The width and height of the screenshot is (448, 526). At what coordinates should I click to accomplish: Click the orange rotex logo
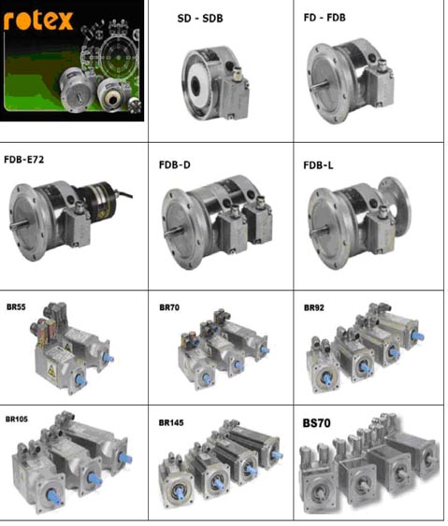pyautogui.click(x=38, y=21)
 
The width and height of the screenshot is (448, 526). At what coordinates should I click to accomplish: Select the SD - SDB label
pyautogui.click(x=200, y=18)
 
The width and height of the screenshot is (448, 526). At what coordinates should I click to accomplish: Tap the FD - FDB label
pyautogui.click(x=325, y=18)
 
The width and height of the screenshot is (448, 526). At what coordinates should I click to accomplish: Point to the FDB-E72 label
pyautogui.click(x=23, y=160)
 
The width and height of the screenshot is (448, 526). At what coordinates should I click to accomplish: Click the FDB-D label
pyautogui.click(x=175, y=165)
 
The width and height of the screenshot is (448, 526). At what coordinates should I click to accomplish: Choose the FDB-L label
pyautogui.click(x=318, y=165)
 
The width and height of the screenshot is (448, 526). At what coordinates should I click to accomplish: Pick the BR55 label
pyautogui.click(x=16, y=307)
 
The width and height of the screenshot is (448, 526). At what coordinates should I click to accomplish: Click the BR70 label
pyautogui.click(x=169, y=307)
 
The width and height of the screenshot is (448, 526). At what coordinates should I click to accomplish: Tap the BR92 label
pyautogui.click(x=314, y=307)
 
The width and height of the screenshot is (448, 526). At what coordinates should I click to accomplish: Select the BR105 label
pyautogui.click(x=17, y=419)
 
